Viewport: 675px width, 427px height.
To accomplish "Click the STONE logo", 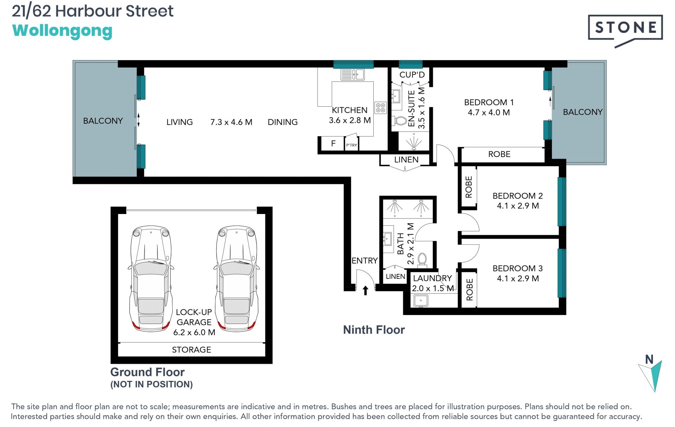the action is [x=625, y=30].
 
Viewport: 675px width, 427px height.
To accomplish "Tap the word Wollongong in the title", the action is [x=62, y=31].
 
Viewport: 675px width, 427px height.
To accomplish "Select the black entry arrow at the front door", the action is [x=365, y=290].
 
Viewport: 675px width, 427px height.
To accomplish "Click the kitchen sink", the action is [x=352, y=75].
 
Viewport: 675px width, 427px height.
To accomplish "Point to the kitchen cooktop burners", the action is [x=380, y=108].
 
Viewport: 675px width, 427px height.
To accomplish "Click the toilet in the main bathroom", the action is [x=422, y=259].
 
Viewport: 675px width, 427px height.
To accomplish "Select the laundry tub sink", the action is [x=421, y=301].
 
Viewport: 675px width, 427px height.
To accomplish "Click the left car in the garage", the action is [x=151, y=278].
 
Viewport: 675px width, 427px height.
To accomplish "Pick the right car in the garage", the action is [x=237, y=278].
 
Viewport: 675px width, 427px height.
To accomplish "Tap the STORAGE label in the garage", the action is [x=192, y=350].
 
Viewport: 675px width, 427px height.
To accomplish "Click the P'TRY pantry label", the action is [x=352, y=145].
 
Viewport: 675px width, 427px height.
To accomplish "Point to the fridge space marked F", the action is [x=333, y=143].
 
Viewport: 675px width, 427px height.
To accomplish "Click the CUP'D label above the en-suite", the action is [x=412, y=75].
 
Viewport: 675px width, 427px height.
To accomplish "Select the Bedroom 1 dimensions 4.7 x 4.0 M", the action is [x=489, y=113].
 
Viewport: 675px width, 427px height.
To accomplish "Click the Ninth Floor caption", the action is [x=374, y=330].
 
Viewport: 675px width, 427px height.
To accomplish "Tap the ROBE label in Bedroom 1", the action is [x=499, y=154].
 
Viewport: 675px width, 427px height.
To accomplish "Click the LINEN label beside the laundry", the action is [x=396, y=277].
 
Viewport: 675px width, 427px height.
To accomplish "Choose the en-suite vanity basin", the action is [x=396, y=96].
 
